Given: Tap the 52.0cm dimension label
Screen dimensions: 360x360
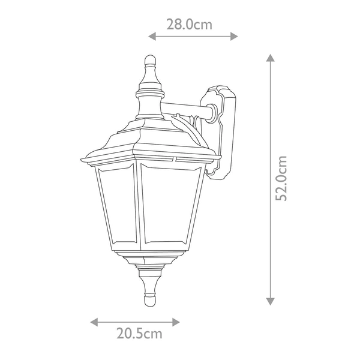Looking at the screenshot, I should [283, 178].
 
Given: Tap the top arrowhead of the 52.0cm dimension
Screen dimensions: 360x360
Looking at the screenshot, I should [271, 58].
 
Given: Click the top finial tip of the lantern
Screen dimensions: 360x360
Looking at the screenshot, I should [149, 58].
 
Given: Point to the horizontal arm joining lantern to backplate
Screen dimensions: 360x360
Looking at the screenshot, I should [189, 110].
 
